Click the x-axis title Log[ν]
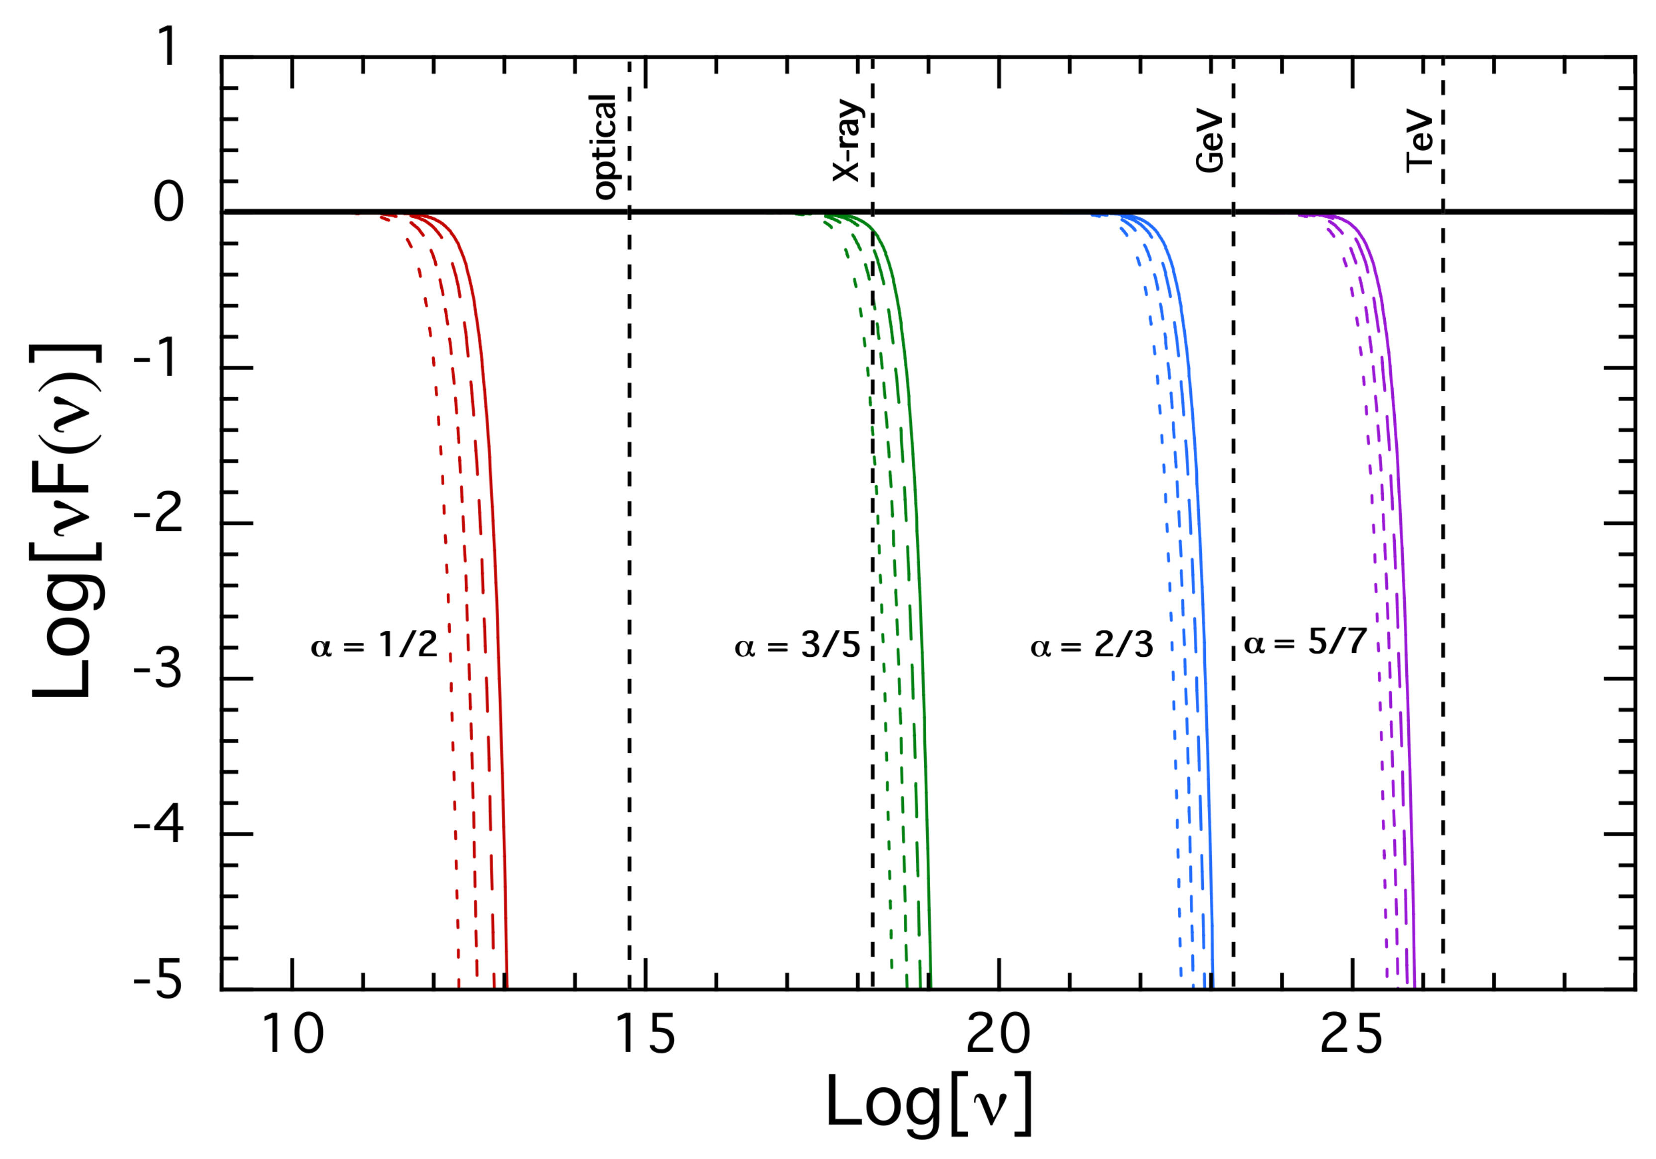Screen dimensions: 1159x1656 point(929,1103)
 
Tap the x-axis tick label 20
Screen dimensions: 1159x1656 point(998,1035)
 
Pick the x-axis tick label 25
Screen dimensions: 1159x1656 point(1351,1035)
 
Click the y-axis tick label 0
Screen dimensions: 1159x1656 point(169,202)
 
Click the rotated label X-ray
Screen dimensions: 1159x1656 point(847,141)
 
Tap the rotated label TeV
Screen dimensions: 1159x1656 point(1419,141)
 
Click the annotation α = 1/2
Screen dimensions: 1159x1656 point(374,645)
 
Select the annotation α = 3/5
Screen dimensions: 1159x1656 point(797,645)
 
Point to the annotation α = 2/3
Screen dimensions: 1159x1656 point(1091,645)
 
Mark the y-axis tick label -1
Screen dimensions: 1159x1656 point(159,358)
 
